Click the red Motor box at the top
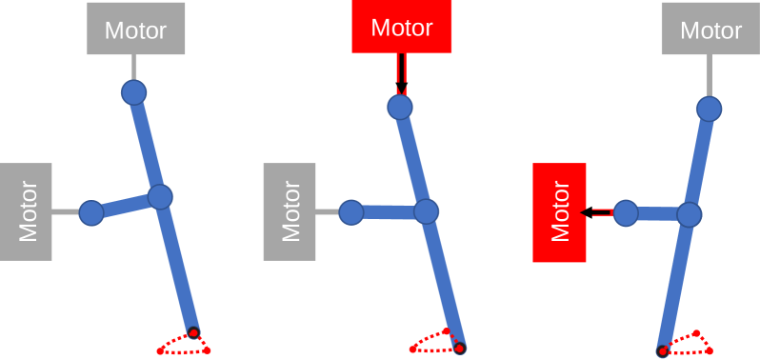401,27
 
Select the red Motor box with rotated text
560,212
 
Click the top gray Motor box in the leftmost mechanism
135,29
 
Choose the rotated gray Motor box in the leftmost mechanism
26,211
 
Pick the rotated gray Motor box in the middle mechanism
290,211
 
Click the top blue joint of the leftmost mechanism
134,92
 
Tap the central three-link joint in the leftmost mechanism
160,197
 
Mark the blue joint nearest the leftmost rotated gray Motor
91,212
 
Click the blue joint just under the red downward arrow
400,107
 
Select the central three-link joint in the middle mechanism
426,211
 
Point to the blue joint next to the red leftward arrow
626,212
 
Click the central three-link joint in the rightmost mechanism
689,213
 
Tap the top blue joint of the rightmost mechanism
708,109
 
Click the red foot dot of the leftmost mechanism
193,332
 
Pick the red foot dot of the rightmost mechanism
663,350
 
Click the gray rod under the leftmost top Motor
134,68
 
